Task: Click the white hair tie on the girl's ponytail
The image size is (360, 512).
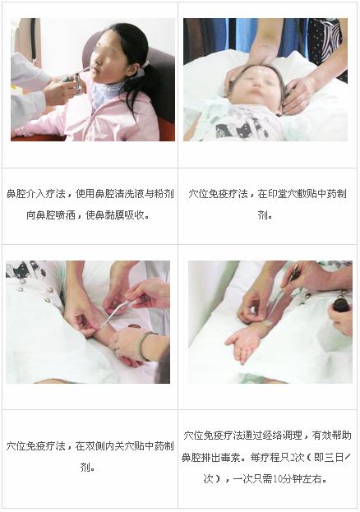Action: (145, 64)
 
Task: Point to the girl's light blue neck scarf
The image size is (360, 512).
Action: (104, 92)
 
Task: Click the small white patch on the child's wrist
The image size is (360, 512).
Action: (267, 323)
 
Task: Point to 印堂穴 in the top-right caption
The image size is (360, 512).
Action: (283, 194)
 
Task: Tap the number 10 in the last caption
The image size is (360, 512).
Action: (277, 479)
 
